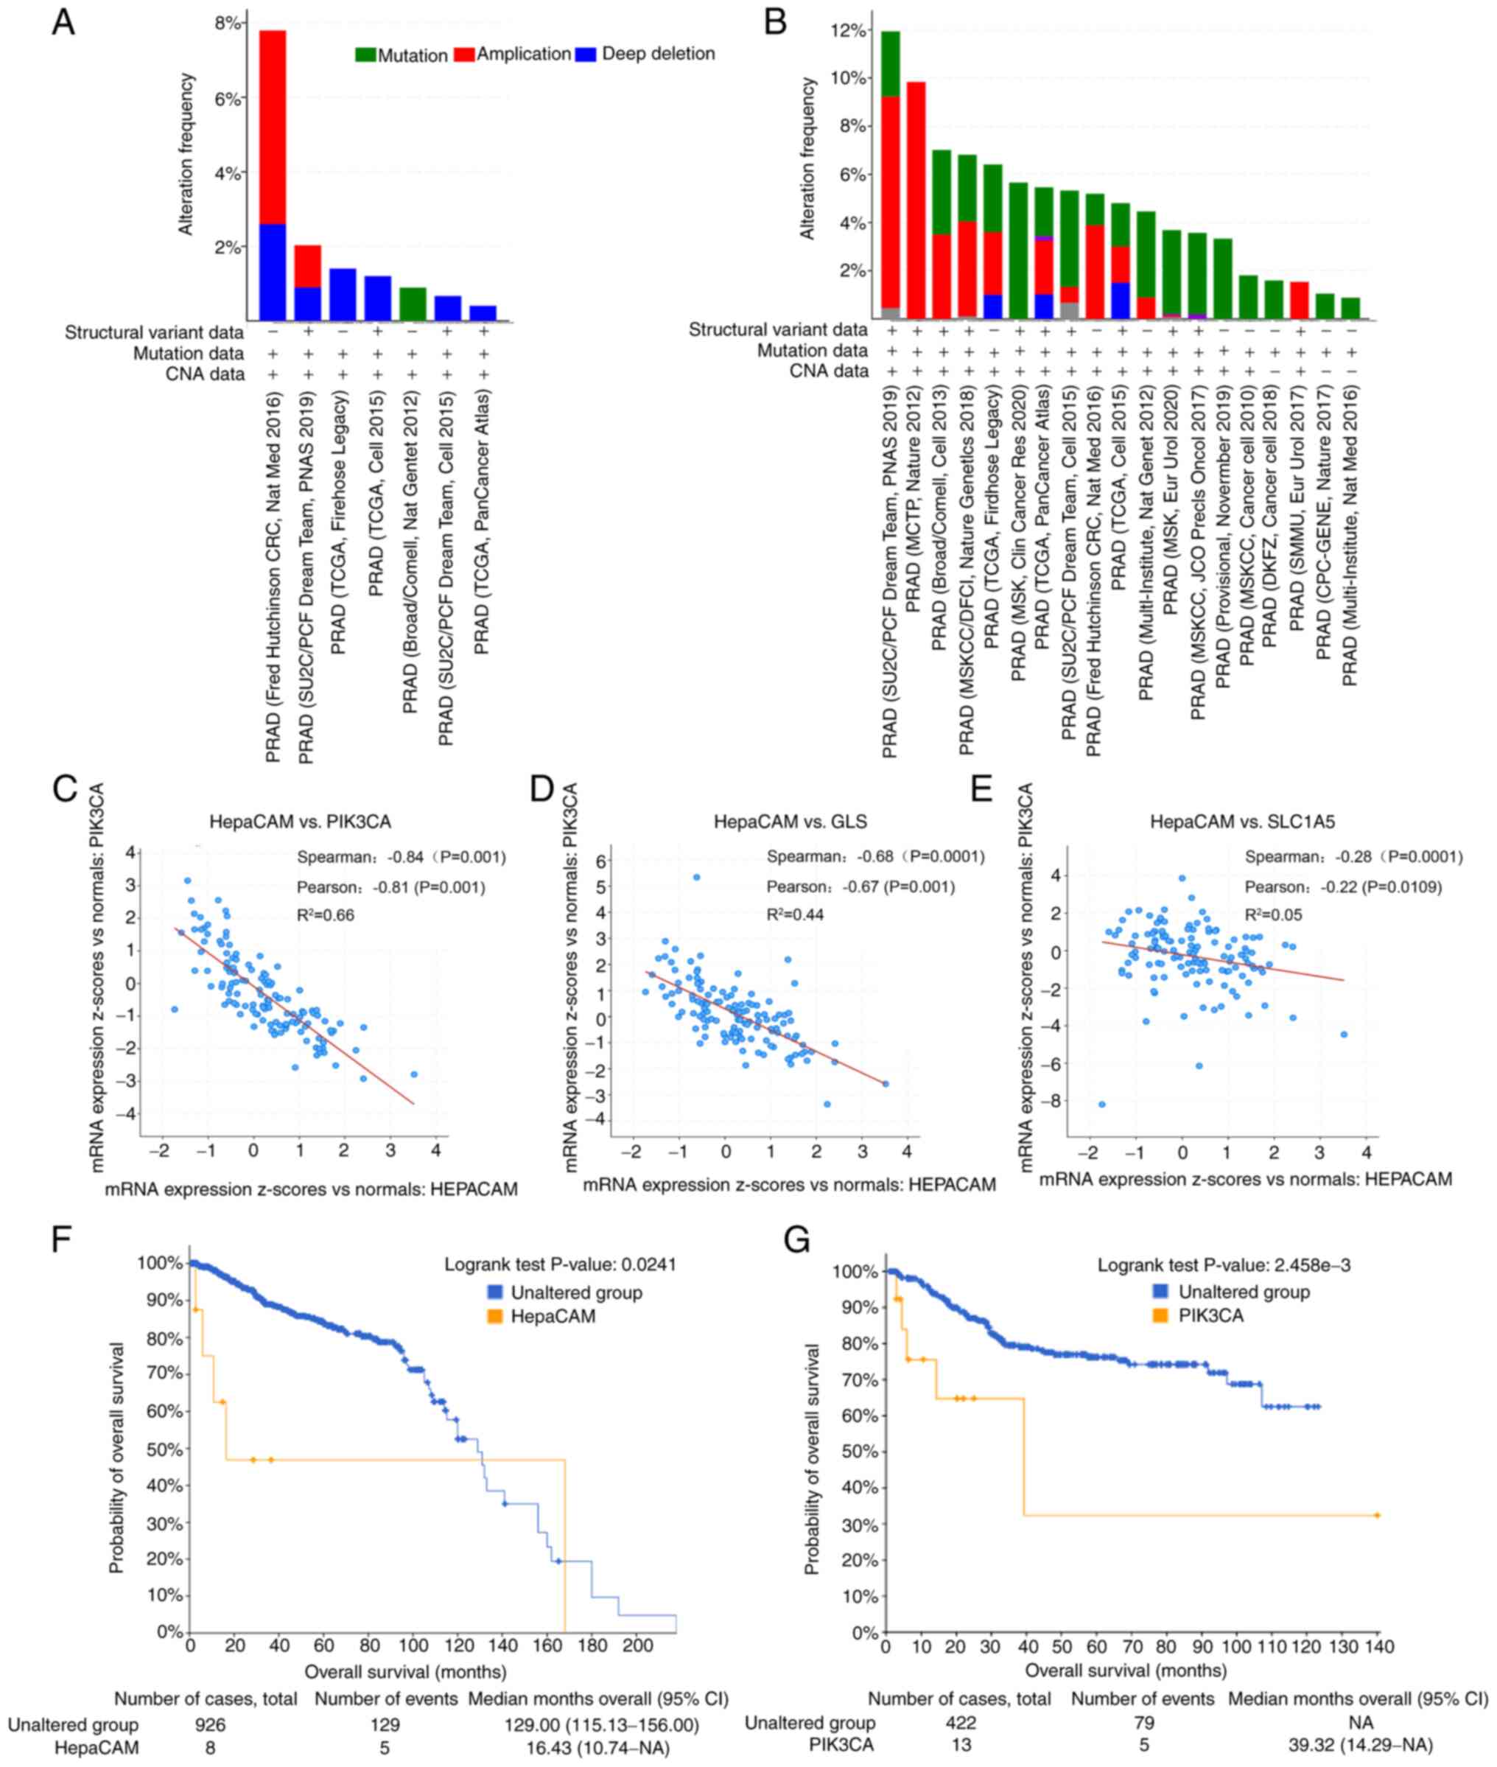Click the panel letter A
(x=63, y=23)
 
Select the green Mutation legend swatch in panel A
(x=365, y=55)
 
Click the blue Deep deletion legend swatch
(x=586, y=54)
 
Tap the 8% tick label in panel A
(x=229, y=23)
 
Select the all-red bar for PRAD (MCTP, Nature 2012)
(x=916, y=200)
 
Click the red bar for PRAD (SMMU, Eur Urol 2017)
(x=1300, y=301)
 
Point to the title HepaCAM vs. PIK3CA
(x=301, y=822)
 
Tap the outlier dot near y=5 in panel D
(x=697, y=877)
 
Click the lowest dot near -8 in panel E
(x=1102, y=1104)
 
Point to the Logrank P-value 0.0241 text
(x=560, y=1264)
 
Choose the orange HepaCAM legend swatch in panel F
(x=496, y=1316)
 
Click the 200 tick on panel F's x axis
(x=638, y=1645)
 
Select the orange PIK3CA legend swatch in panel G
(x=1163, y=1315)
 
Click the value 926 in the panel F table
(x=210, y=1724)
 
